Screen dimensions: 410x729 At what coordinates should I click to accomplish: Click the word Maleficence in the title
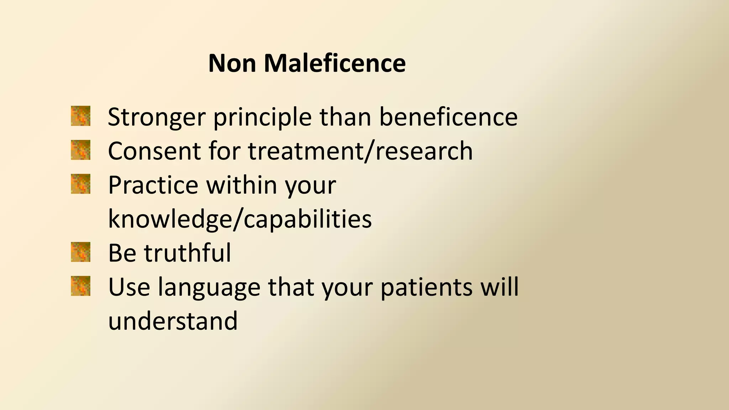335,63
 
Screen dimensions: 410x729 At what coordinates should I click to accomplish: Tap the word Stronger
157,117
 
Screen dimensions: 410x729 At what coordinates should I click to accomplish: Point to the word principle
262,117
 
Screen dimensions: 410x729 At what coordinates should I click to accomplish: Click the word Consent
153,151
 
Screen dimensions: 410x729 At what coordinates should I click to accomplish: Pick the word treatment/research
360,151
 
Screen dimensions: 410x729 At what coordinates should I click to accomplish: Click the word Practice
153,185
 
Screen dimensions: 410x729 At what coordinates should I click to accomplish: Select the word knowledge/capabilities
240,219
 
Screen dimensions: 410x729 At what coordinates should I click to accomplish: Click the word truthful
187,253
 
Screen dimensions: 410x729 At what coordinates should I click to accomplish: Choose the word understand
173,321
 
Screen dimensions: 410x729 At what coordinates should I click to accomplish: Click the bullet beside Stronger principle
80,116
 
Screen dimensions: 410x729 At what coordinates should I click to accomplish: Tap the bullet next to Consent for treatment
80,150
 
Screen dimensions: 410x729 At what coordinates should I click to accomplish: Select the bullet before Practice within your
80,184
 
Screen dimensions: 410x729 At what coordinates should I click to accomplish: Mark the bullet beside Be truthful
80,252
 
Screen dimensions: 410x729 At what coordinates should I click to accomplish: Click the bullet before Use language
80,286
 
